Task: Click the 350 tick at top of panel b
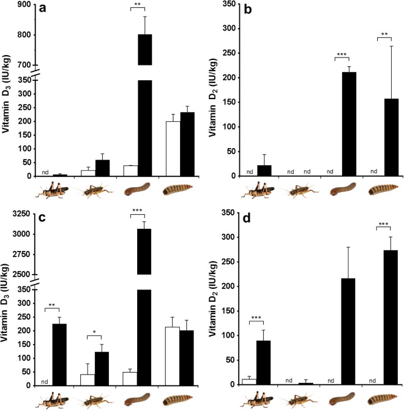(x=229, y=4)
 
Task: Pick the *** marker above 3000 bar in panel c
(x=138, y=211)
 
